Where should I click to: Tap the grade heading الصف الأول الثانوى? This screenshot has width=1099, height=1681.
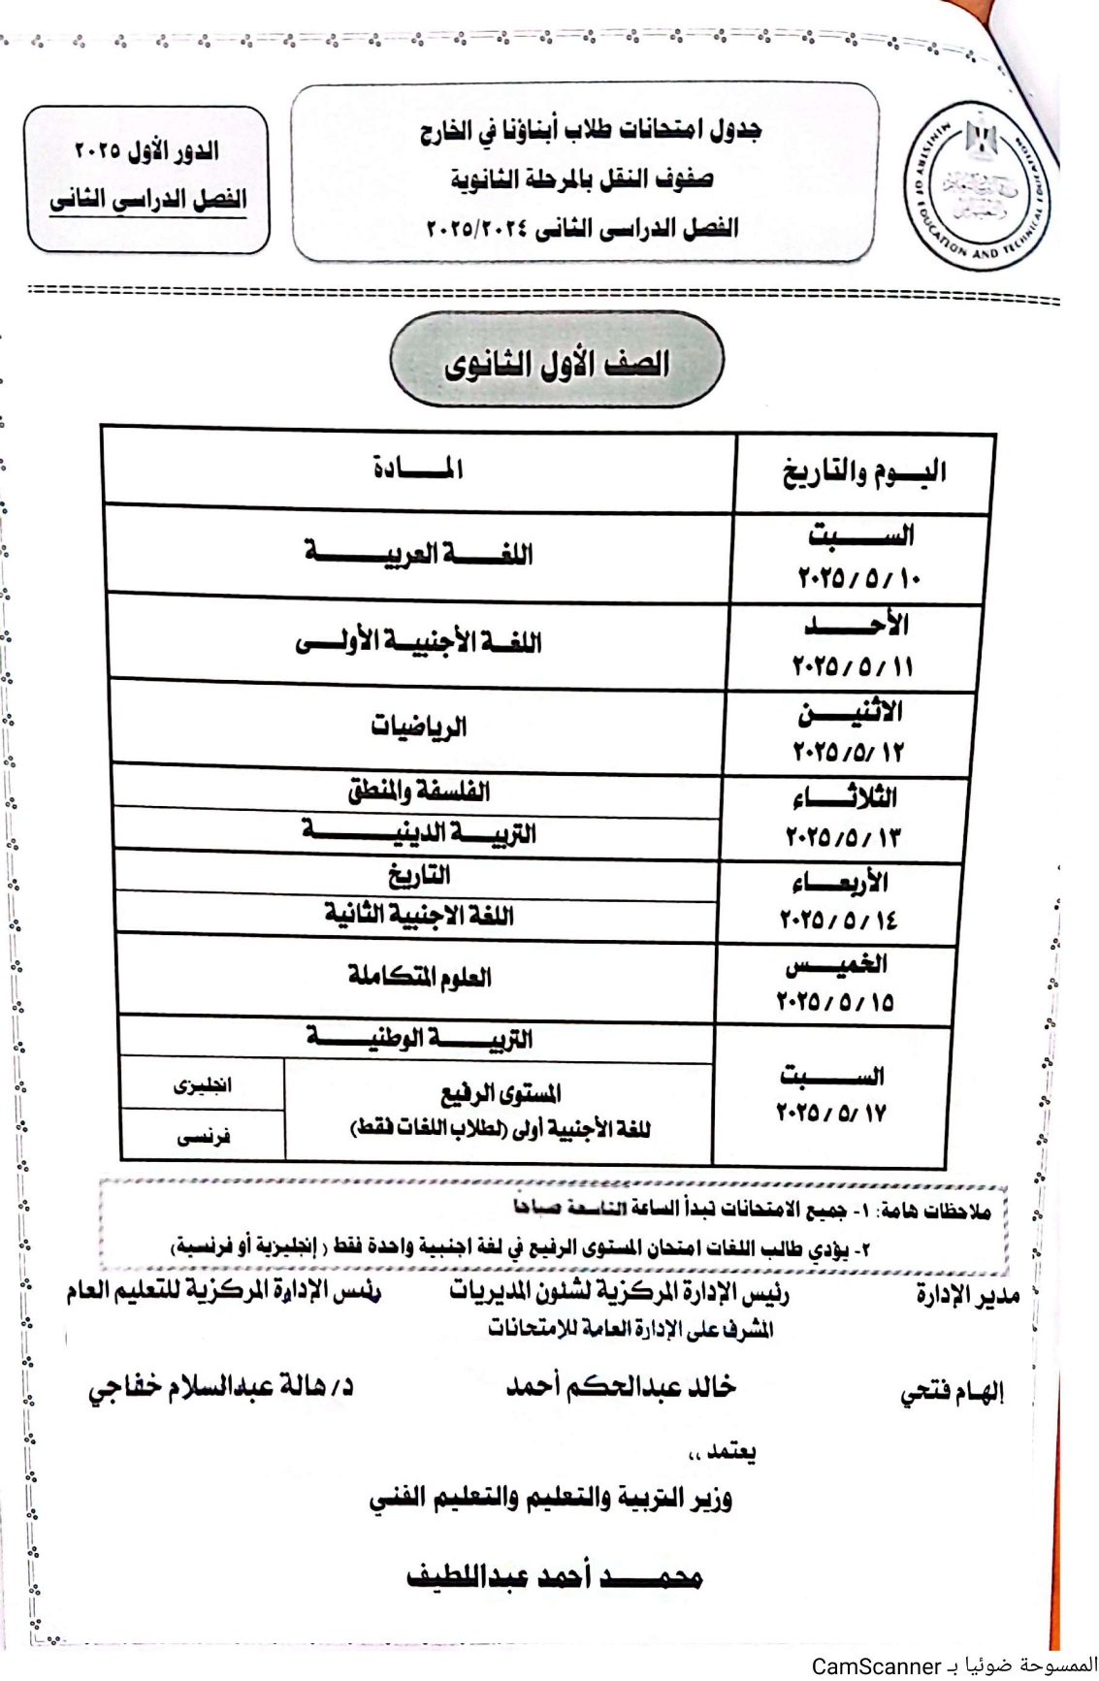pos(557,365)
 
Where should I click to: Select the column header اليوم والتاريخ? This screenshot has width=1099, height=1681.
pos(864,473)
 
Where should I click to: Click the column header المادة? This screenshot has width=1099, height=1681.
pos(418,469)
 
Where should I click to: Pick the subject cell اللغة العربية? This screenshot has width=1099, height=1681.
pos(418,554)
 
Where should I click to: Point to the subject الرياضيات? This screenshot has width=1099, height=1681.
pos(418,727)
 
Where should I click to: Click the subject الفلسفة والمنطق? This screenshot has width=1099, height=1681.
pos(418,792)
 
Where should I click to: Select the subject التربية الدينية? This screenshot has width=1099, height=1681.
pos(418,832)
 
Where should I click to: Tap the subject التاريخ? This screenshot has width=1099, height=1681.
pos(418,876)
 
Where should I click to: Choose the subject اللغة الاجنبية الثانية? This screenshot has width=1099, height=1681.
pos(418,916)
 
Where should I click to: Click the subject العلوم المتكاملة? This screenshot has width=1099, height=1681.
pos(418,977)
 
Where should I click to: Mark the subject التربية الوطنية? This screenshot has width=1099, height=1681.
pos(418,1039)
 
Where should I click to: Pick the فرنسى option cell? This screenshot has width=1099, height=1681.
pos(203,1136)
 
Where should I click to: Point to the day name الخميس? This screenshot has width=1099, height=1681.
pos(836,964)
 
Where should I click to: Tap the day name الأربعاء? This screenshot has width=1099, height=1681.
pos(839,883)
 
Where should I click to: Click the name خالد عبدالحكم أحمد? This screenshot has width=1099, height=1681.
pos(621,1387)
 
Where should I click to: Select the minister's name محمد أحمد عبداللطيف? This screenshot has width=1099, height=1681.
pos(553,1576)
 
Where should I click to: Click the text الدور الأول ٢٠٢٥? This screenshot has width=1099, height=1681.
pos(146,151)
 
